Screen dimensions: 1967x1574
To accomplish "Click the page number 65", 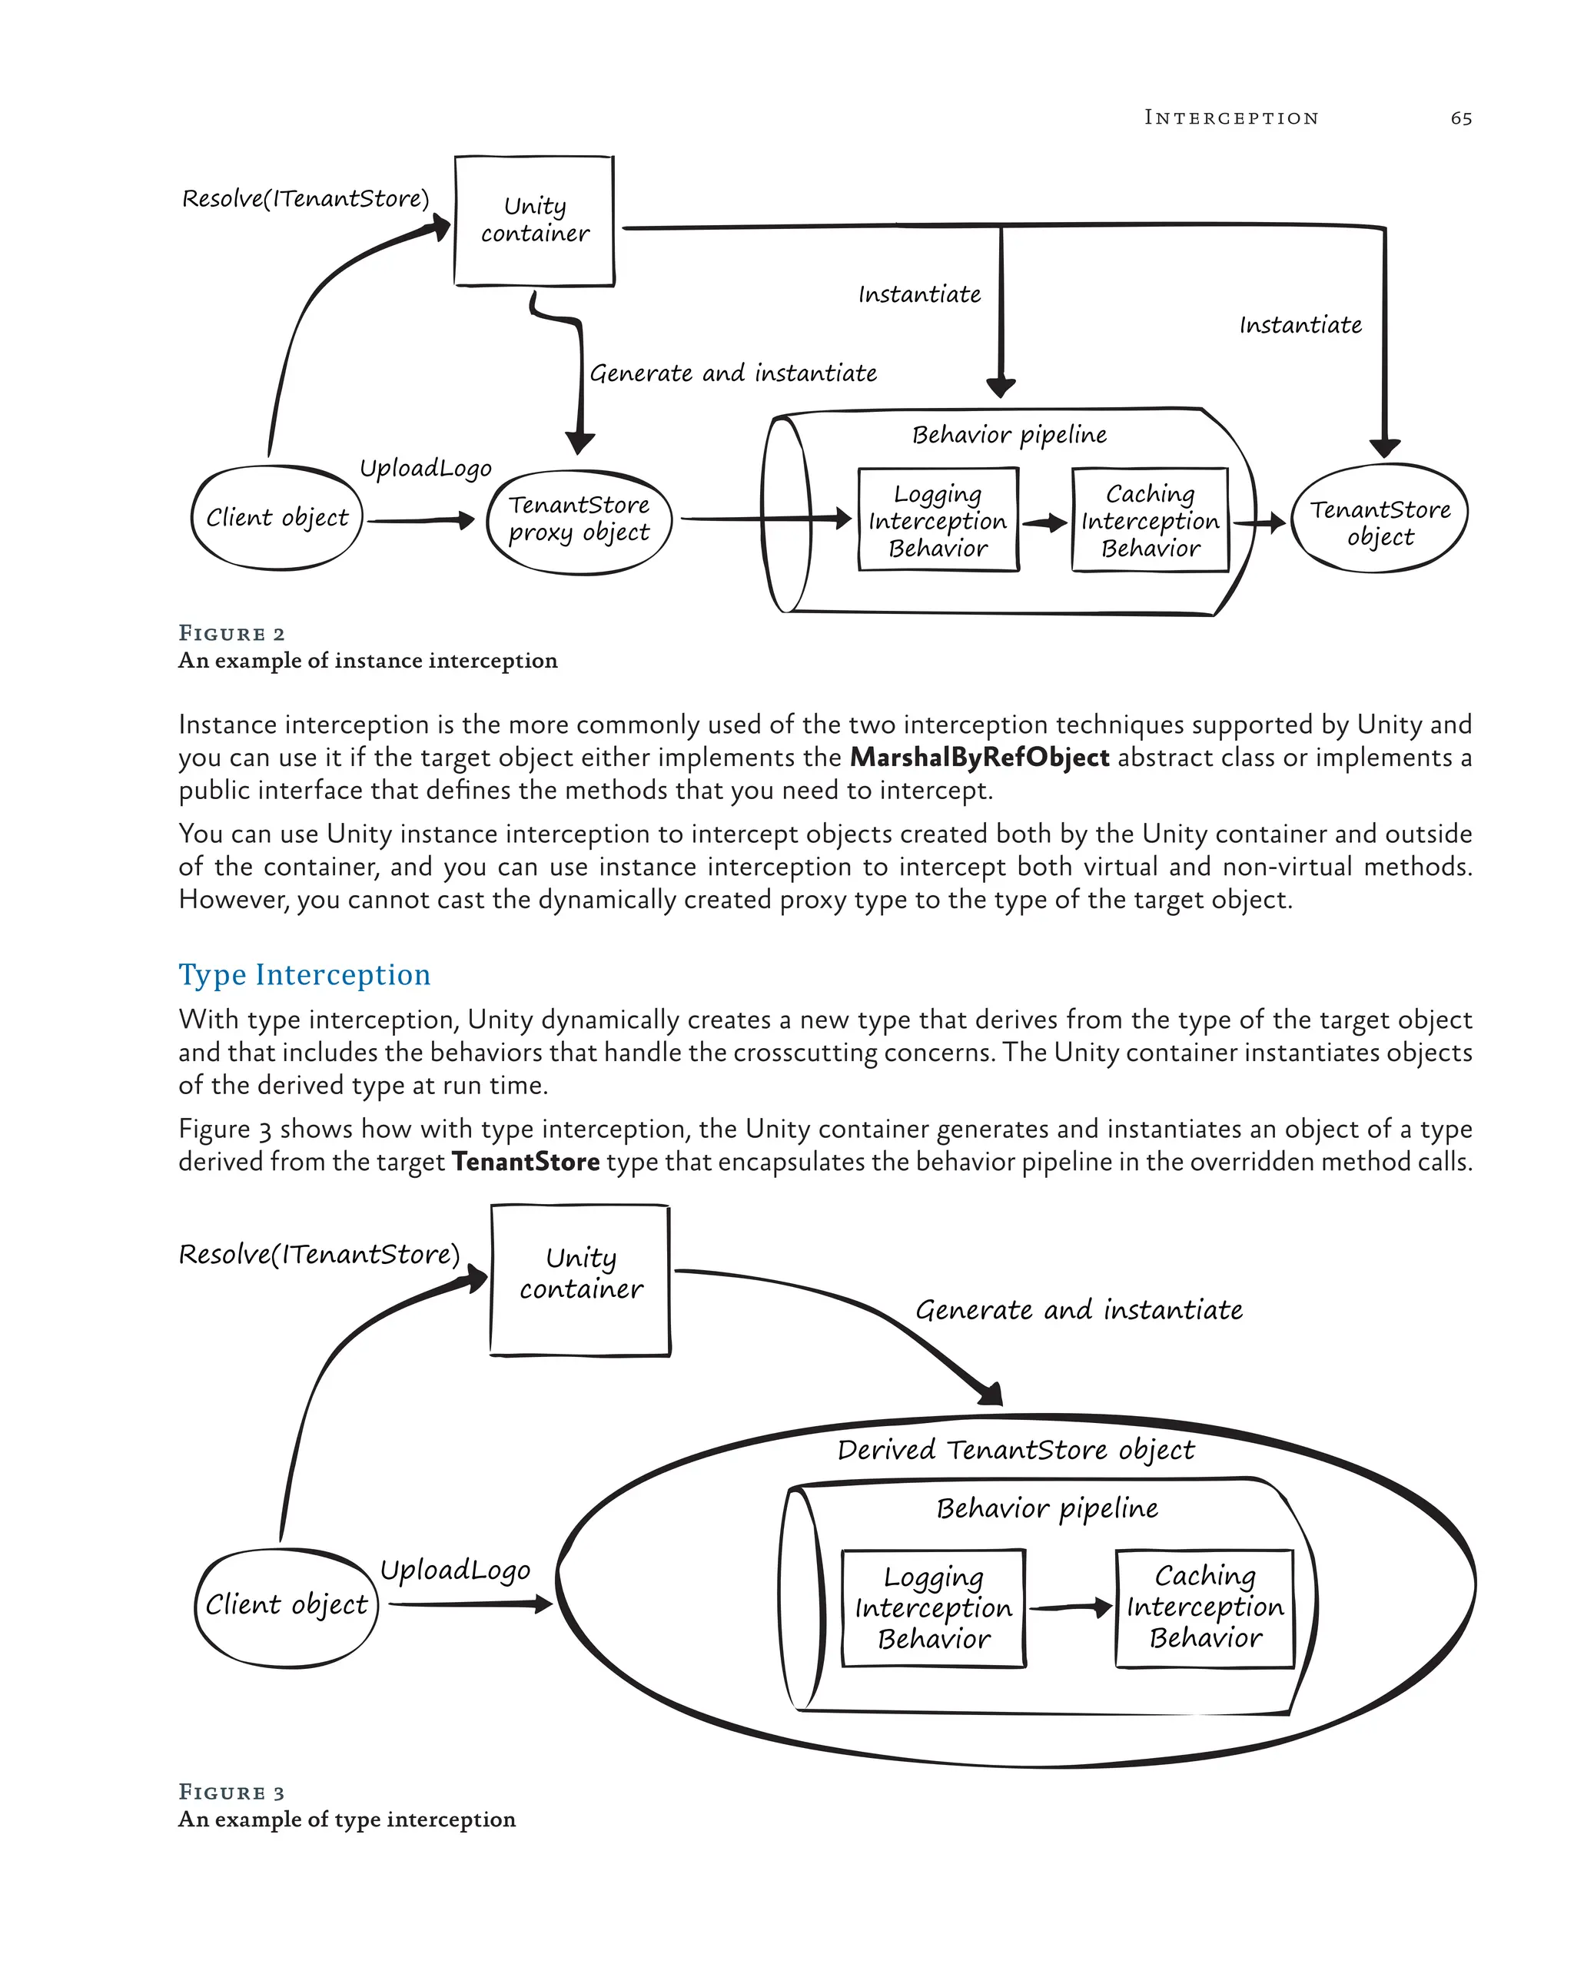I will pos(1460,118).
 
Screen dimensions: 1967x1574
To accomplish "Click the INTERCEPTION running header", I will pos(1231,118).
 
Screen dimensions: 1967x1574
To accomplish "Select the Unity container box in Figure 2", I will pos(534,221).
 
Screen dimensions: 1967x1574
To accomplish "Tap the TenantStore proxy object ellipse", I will pos(579,520).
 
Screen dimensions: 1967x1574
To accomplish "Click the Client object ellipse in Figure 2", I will pos(277,518).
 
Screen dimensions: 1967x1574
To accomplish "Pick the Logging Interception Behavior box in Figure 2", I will pos(937,521).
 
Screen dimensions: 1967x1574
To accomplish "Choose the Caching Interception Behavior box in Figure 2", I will pos(1150,521).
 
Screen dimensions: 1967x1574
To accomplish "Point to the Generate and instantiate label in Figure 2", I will pos(732,373).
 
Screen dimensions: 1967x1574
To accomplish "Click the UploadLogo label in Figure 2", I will pos(425,468).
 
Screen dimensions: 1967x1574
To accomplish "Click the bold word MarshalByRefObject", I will pos(979,758).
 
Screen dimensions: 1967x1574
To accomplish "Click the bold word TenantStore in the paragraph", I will pos(526,1162).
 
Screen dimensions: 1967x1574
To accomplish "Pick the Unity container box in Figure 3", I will pos(580,1279).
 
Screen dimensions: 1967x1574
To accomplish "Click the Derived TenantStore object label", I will pos(1014,1449).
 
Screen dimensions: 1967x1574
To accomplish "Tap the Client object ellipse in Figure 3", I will pos(287,1604).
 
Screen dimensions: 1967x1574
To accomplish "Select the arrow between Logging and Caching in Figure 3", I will pos(1069,1608).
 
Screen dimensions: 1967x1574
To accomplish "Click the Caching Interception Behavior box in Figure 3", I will pos(1204,1607).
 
